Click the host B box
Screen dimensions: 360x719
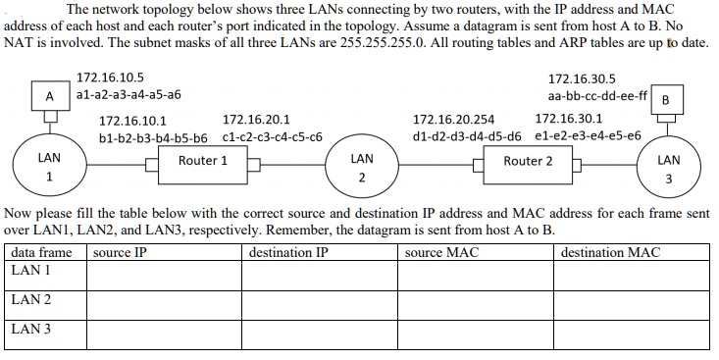(667, 100)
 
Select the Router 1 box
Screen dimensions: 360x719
(203, 161)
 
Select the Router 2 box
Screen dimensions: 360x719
(528, 161)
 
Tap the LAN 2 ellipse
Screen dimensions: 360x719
(361, 168)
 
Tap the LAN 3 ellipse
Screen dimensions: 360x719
(669, 169)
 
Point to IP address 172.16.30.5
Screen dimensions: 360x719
(582, 77)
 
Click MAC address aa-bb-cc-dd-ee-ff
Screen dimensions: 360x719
(597, 96)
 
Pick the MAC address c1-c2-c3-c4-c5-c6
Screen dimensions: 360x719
(273, 136)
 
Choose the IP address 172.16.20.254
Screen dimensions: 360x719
(453, 119)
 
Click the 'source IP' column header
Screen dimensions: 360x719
(120, 253)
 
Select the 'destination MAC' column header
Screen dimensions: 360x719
(610, 253)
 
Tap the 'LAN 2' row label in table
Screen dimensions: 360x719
(31, 299)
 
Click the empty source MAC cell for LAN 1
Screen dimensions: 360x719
(478, 276)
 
